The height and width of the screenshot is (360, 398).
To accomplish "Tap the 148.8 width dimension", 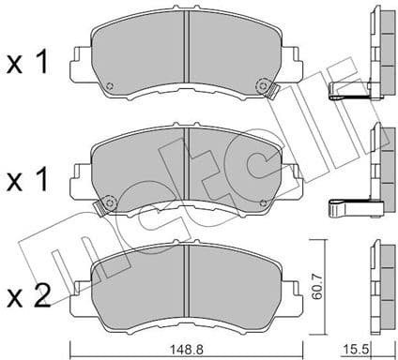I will tap(185, 347).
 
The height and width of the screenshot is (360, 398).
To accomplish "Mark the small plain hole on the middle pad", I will tap(266, 201).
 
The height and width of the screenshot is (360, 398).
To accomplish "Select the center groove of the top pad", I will tap(187, 46).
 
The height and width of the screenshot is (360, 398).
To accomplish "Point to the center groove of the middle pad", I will tap(187, 159).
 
